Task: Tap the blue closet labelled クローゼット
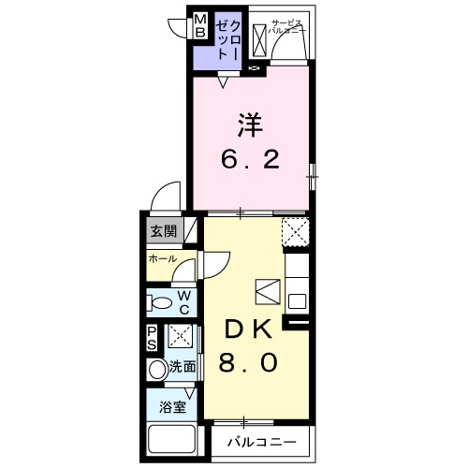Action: pos(229,39)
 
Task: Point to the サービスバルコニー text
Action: pos(289,27)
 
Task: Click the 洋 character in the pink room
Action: pos(248,124)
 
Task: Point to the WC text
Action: pos(184,301)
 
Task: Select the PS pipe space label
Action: pos(152,337)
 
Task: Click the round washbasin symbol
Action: pos(156,370)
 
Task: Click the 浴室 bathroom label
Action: pos(171,407)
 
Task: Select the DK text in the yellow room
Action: pos(247,329)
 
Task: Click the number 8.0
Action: pos(247,362)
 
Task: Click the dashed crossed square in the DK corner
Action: pos(296,229)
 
